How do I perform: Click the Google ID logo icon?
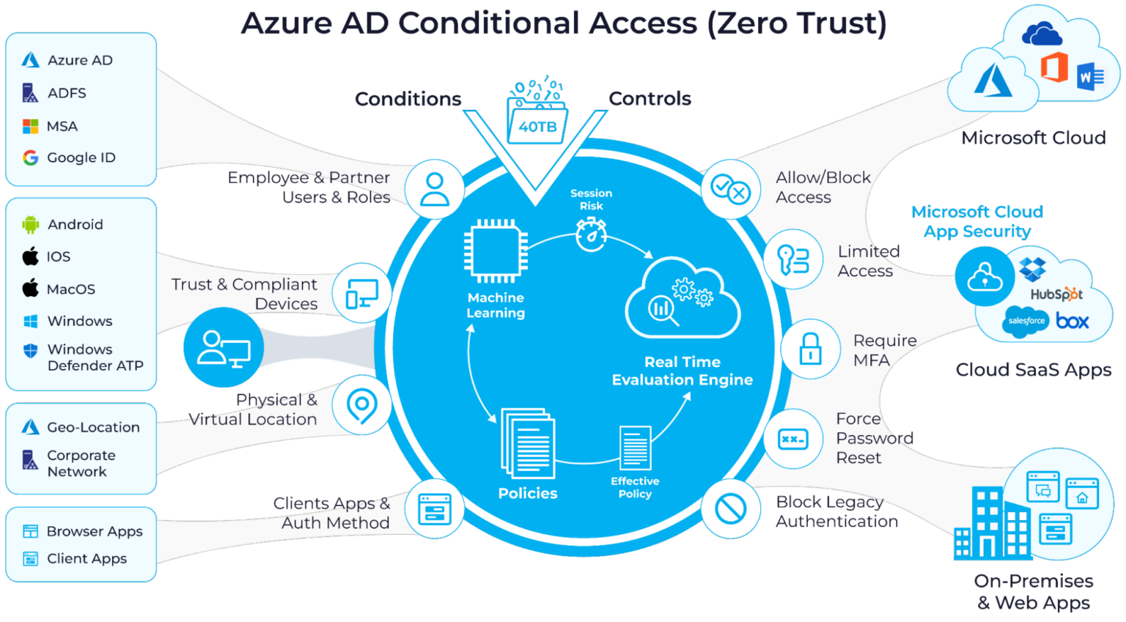pos(30,158)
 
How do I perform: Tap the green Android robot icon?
pos(30,224)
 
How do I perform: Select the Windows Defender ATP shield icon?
pos(30,350)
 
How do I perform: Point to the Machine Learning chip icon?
pos(496,251)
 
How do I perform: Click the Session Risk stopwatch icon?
pos(591,234)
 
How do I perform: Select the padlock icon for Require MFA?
pos(810,349)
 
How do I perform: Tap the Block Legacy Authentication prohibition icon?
pos(730,508)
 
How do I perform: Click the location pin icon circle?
pos(361,405)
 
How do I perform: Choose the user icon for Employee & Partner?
pos(435,188)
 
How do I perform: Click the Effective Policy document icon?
pos(635,448)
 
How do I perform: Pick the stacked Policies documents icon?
pos(528,443)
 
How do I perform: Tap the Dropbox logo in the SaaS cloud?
pos(1033,269)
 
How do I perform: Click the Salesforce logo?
pos(1026,321)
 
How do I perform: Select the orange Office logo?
pos(1054,67)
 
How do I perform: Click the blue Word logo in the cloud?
pos(1090,76)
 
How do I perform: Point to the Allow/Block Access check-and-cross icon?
pos(729,189)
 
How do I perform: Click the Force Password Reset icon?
pos(793,439)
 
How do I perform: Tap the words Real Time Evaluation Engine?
pos(682,371)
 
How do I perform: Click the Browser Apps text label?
pos(95,531)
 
